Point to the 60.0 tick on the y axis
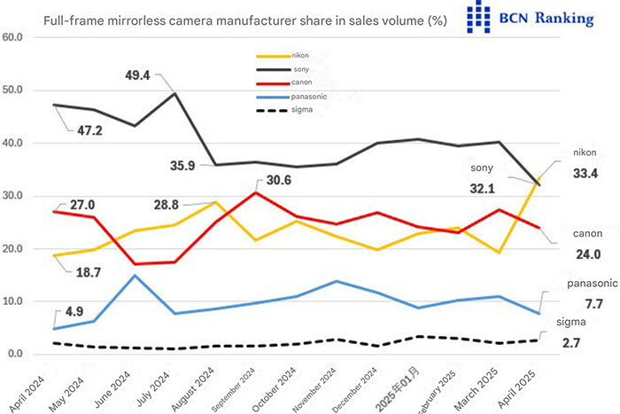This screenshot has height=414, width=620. (15, 37)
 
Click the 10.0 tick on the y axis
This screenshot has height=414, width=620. (15, 301)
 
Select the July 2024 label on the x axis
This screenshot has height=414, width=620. (160, 379)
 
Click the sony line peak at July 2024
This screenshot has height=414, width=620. (174, 93)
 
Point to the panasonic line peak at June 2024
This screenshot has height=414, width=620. (134, 275)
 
